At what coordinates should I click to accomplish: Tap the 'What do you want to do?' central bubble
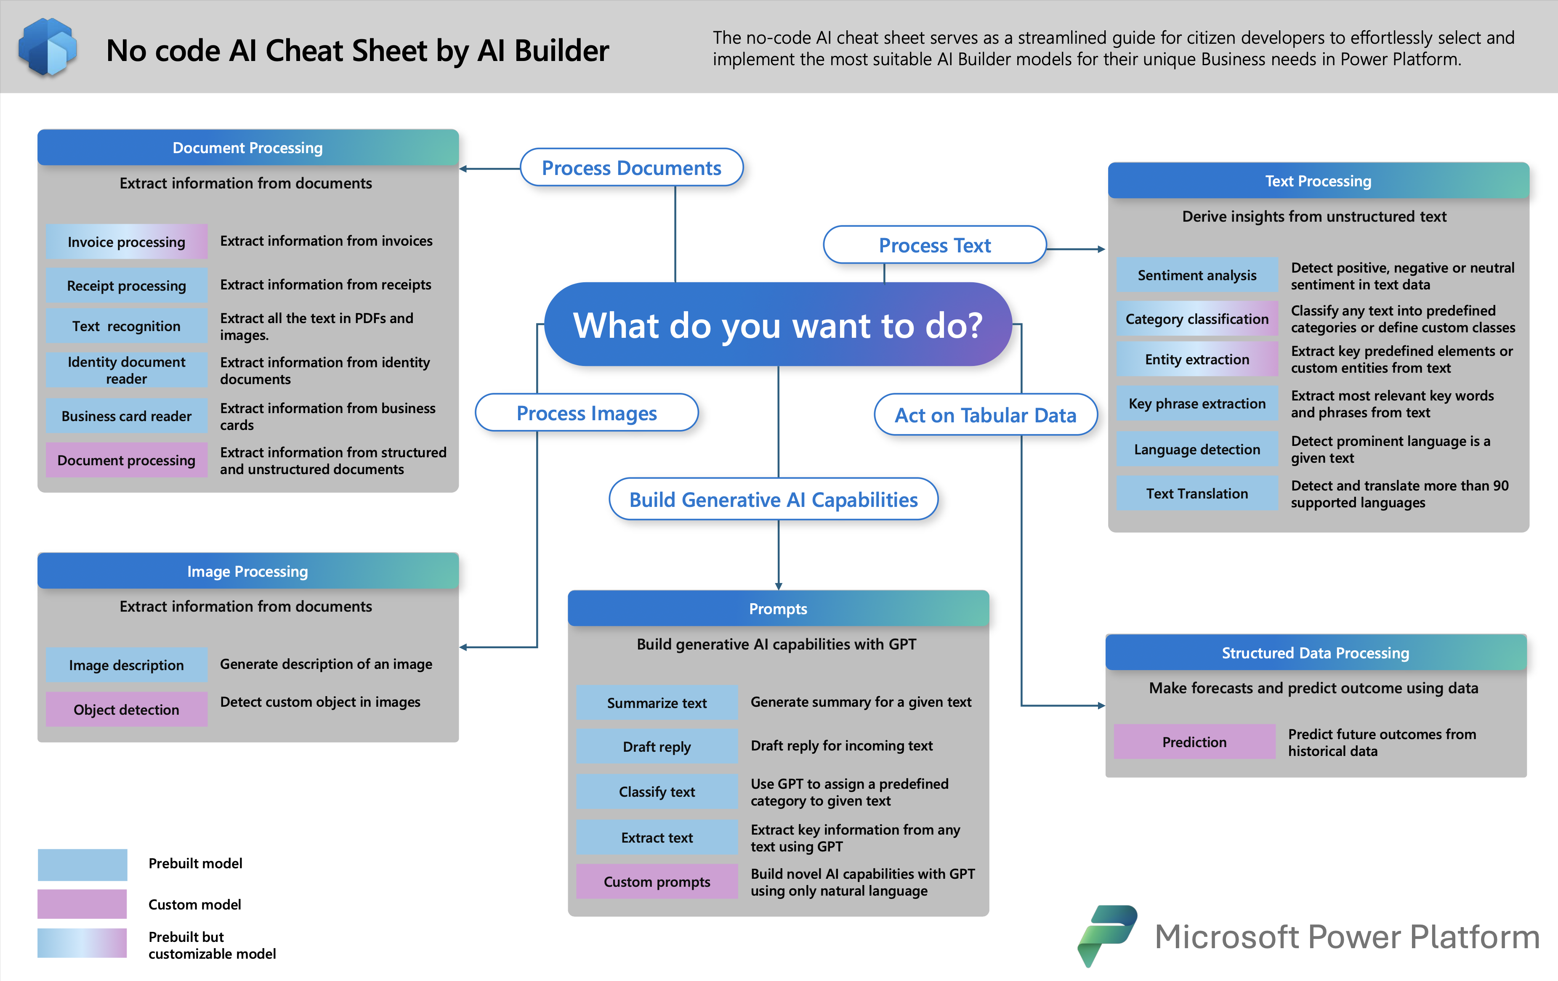778,325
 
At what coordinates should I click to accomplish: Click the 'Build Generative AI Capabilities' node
773,499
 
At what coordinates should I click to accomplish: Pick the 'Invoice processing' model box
127,242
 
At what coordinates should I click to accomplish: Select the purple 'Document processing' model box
127,460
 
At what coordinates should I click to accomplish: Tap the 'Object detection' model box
127,709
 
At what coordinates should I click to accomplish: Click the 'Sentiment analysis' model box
1196,275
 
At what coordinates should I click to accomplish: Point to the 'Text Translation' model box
1196,493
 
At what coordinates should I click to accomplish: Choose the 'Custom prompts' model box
657,881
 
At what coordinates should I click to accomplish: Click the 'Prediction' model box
1194,742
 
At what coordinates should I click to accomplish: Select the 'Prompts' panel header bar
778,609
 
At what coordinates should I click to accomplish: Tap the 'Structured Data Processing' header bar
1315,652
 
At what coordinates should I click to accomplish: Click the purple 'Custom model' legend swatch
82,904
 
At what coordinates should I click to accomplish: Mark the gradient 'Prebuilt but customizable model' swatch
82,944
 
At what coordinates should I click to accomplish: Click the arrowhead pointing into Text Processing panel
1101,249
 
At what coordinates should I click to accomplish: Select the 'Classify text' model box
657,792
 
